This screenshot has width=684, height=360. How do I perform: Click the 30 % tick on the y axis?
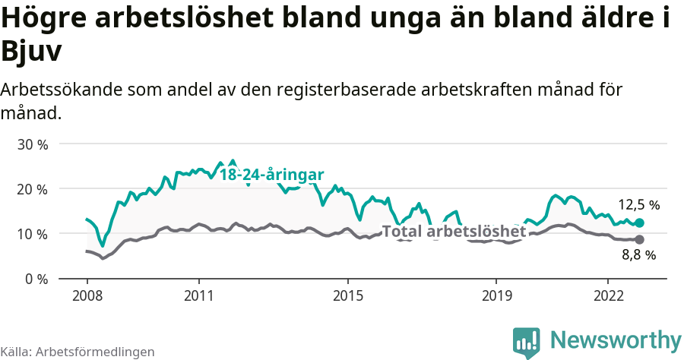pyautogui.click(x=32, y=144)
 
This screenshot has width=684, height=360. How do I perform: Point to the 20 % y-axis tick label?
pyautogui.click(x=32, y=188)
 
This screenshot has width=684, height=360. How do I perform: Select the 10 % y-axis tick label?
pyautogui.click(x=32, y=233)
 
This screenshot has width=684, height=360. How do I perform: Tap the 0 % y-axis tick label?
pyautogui.click(x=36, y=279)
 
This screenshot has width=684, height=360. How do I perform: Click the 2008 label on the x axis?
pyautogui.click(x=87, y=294)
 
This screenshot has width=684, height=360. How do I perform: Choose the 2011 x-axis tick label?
pyautogui.click(x=198, y=294)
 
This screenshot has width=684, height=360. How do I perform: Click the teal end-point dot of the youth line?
pyautogui.click(x=640, y=223)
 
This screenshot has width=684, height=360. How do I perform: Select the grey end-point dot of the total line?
pyautogui.click(x=640, y=240)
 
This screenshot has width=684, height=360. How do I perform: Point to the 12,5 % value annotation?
pyautogui.click(x=638, y=205)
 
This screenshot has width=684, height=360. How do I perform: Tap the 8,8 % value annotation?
pyautogui.click(x=638, y=256)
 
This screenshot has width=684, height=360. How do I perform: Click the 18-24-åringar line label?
pyautogui.click(x=272, y=175)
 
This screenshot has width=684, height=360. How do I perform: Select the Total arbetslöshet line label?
pyautogui.click(x=454, y=232)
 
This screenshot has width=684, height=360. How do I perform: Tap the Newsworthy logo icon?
pyautogui.click(x=527, y=343)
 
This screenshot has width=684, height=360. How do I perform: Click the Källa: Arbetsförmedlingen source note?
pyautogui.click(x=78, y=352)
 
